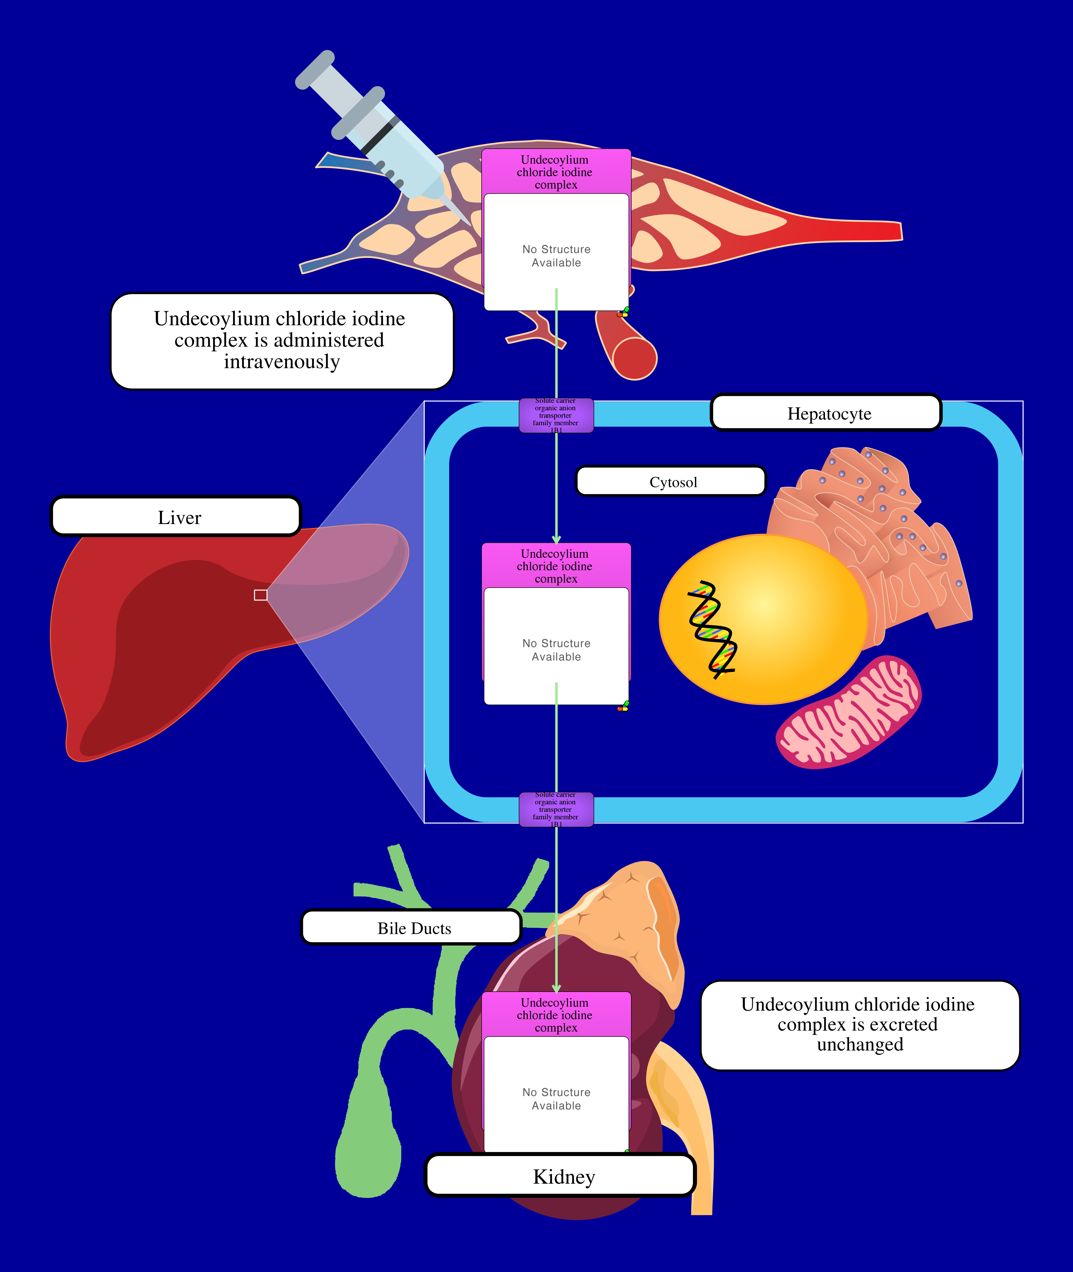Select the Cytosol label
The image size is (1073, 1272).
pos(671,482)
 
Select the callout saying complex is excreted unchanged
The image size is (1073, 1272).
pos(859,1025)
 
